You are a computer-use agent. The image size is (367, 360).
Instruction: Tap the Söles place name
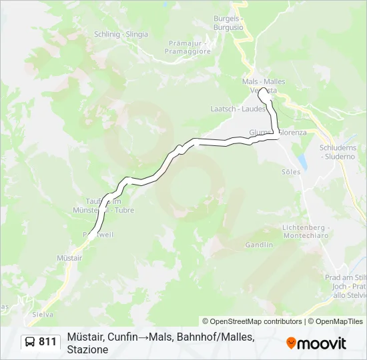pos(291,171)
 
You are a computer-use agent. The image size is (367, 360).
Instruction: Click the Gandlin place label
pos(259,245)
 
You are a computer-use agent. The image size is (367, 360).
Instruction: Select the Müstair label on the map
pos(69,257)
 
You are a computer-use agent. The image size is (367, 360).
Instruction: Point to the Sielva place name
pos(43,313)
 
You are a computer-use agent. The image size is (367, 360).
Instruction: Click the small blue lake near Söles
pos(302,161)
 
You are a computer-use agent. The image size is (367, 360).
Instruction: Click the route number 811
pos(48,342)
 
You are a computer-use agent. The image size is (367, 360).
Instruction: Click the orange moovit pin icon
pos(291,343)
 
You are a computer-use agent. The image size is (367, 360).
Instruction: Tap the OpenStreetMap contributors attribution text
pos(252,321)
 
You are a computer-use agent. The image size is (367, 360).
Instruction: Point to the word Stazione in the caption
pos(87,349)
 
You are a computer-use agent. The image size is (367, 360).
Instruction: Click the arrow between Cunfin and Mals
pos(143,337)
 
